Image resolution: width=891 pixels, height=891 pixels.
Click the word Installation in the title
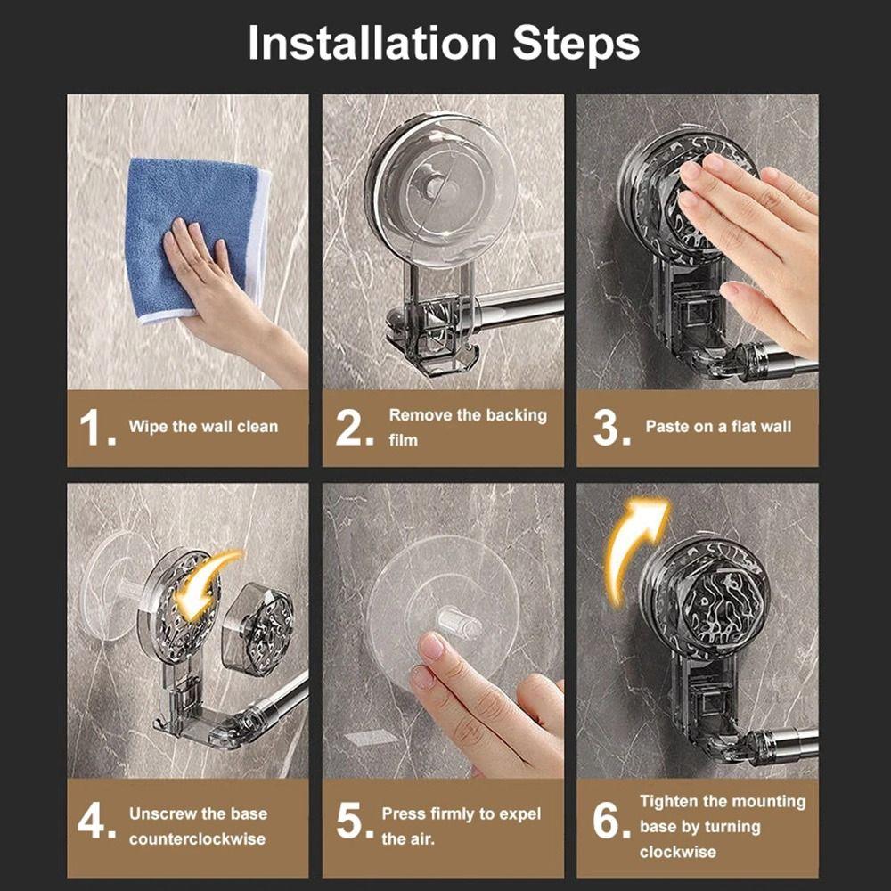point(372,43)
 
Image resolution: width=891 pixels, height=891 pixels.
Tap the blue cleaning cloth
point(193,239)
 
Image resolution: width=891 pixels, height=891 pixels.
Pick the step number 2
point(355,428)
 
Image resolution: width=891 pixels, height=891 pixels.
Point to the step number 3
point(611,428)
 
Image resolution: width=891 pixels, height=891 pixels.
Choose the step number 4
point(96,822)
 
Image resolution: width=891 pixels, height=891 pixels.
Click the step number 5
point(355,822)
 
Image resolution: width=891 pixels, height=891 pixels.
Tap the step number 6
point(611,822)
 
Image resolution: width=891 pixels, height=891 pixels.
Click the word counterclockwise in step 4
point(197,838)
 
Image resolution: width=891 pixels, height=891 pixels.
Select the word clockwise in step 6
point(678,851)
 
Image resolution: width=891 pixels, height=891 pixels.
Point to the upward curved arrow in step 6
point(631,545)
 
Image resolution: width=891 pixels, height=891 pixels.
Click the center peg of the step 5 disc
point(459,622)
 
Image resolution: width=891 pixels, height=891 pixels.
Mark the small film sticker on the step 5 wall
point(372,738)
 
